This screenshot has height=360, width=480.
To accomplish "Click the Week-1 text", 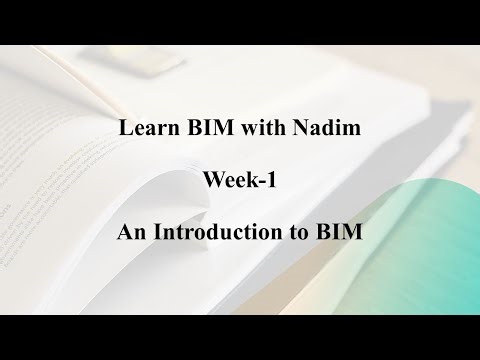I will pos(240,182).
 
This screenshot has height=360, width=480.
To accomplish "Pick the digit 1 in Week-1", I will pos(272,182).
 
